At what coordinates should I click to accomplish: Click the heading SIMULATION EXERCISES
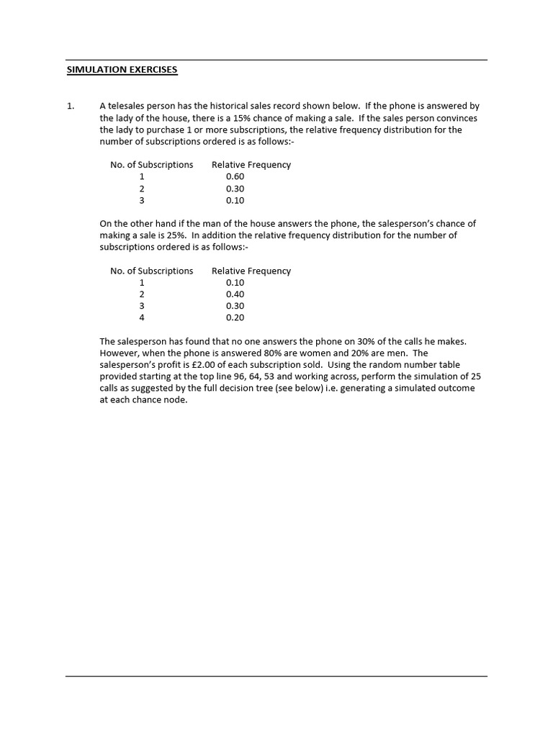(x=122, y=70)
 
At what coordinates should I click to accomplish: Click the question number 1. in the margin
(x=70, y=106)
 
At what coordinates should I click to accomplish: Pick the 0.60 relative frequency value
(x=235, y=176)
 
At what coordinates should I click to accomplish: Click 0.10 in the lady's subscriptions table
(x=235, y=200)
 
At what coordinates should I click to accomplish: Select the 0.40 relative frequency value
(x=235, y=294)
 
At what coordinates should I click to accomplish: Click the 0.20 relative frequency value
(x=235, y=317)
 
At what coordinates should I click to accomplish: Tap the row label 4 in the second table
(x=142, y=317)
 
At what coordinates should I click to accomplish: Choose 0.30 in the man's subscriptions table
(x=235, y=306)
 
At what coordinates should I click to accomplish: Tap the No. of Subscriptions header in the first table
(x=151, y=165)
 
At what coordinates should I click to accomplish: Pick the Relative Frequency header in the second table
(x=251, y=271)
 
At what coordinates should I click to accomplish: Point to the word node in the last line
(x=176, y=400)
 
